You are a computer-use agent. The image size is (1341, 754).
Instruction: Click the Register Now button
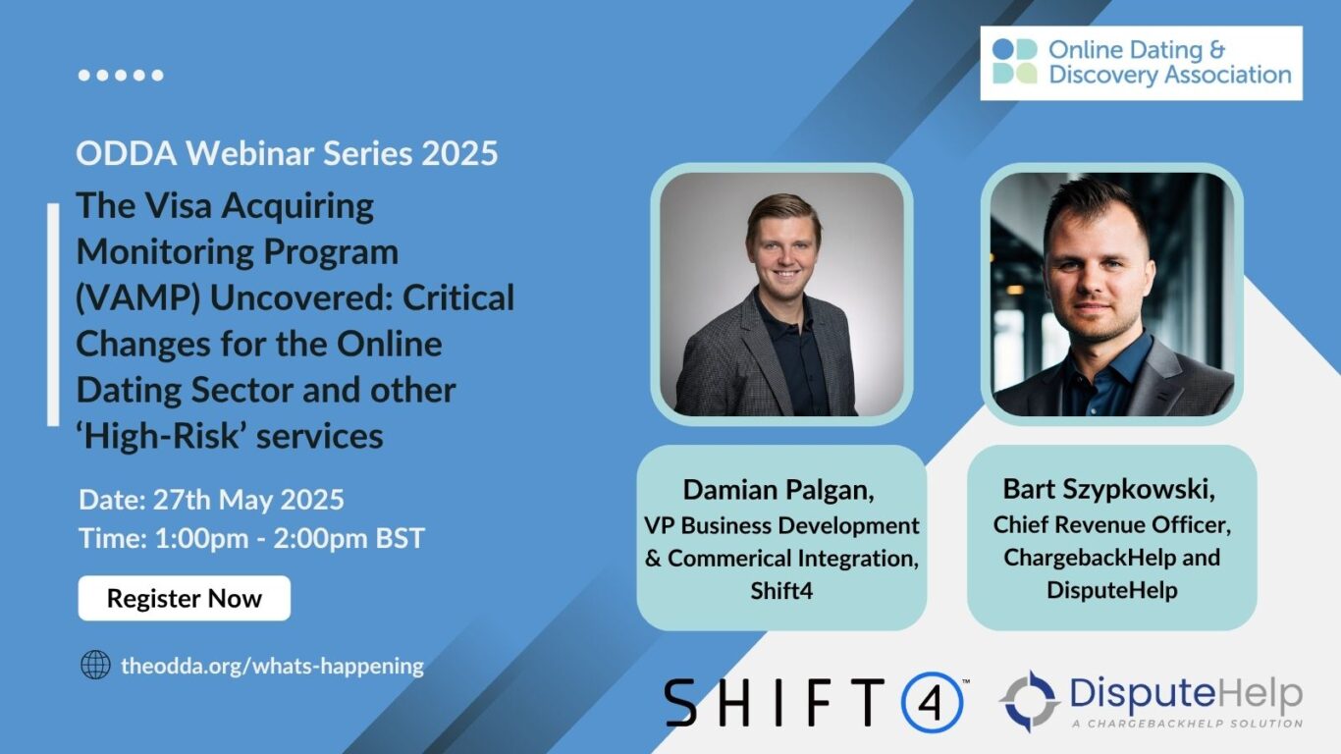[185, 598]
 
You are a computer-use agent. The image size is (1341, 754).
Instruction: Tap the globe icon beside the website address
[95, 665]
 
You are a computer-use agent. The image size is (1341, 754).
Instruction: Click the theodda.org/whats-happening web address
[272, 665]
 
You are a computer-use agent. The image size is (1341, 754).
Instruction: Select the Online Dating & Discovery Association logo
[1141, 63]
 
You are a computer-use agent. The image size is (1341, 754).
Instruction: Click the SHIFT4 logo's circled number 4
[932, 702]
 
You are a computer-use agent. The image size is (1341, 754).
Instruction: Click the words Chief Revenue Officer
[1111, 524]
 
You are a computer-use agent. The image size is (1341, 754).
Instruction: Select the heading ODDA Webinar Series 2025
[287, 153]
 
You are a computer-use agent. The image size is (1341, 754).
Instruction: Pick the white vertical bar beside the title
[53, 314]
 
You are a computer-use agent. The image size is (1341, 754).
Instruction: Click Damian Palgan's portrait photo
[781, 295]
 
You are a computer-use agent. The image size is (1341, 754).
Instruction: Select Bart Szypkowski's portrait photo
[1111, 295]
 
